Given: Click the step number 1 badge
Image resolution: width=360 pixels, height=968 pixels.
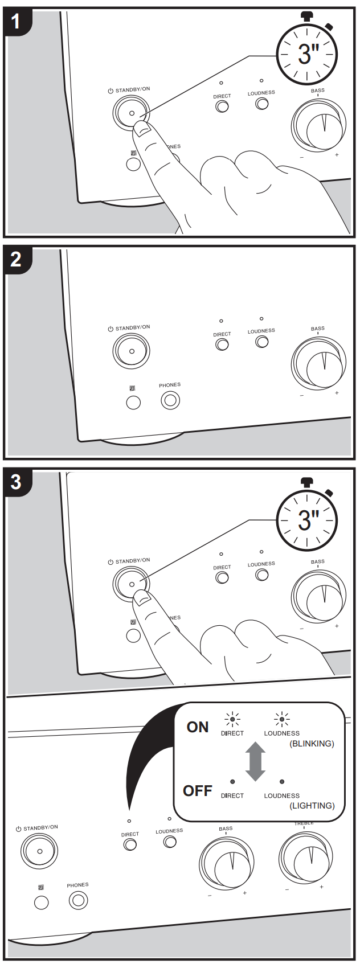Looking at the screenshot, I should click(x=16, y=22).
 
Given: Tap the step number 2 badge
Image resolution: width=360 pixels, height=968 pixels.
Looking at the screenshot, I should click(x=16, y=260).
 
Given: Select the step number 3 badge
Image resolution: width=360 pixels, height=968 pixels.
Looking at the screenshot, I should click(x=16, y=482).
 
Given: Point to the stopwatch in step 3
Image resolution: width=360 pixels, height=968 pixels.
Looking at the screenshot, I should click(x=307, y=519).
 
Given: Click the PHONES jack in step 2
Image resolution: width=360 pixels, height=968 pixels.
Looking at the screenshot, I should click(x=170, y=401).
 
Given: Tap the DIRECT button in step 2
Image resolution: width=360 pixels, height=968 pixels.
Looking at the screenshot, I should click(x=222, y=344).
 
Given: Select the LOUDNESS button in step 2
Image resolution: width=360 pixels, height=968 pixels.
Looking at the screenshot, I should click(x=262, y=342).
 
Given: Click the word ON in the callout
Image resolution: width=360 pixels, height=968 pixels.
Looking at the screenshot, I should click(x=198, y=727).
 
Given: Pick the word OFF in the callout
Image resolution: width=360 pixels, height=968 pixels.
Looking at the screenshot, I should click(x=197, y=791).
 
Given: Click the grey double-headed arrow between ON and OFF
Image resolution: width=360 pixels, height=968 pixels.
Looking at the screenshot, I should click(x=256, y=761).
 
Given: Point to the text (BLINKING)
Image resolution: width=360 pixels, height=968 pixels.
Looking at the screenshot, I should click(x=312, y=744).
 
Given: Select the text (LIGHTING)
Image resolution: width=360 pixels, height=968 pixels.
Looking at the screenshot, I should click(x=312, y=806).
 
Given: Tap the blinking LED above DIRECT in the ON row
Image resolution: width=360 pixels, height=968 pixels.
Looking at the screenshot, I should click(x=232, y=719).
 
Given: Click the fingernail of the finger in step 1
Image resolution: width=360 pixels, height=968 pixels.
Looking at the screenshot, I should click(x=142, y=130).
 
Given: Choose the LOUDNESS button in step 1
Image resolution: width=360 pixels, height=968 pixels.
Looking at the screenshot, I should click(x=262, y=104).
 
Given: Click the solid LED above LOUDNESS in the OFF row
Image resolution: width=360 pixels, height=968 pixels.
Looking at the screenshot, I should click(x=282, y=782).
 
